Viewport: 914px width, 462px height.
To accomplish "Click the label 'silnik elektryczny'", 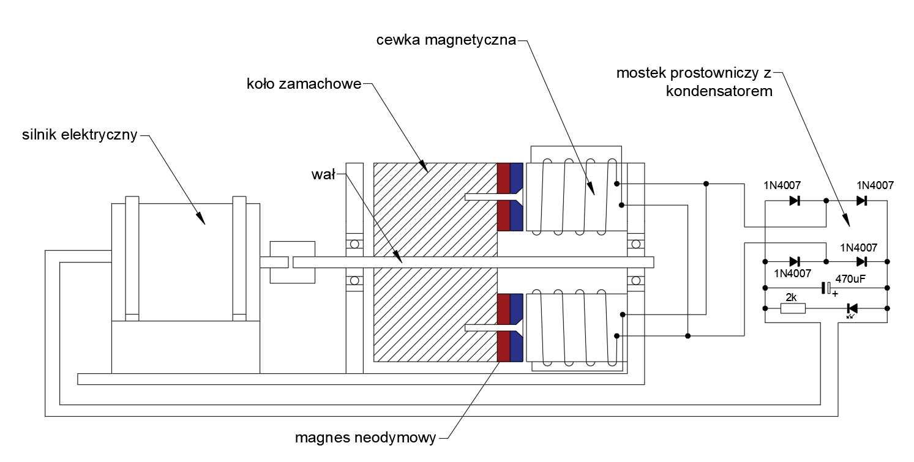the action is coord(80,135).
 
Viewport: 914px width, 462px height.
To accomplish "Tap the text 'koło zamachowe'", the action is coord(304,84).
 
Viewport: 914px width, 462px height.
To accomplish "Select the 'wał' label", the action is coord(323,174).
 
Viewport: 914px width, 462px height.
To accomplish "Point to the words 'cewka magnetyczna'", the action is coord(446,40).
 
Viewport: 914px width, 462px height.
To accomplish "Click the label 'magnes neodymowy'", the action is coord(365,438).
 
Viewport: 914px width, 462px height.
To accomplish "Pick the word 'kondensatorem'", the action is coord(719,91).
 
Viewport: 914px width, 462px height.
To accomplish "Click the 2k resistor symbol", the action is coord(793,308).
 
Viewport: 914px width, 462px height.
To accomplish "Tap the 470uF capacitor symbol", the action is coord(826,288).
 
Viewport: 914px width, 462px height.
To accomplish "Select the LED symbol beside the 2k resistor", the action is coord(852,309).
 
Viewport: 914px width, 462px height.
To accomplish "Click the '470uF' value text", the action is coord(850,279).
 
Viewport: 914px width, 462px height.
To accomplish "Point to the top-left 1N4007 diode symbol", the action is coord(795,201).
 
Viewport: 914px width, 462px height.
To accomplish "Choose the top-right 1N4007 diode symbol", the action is coord(861,201).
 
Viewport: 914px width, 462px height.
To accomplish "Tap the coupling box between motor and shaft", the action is coord(292,262).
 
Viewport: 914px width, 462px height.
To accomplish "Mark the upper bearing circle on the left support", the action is coord(354,244).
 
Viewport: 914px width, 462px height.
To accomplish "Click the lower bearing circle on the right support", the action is coord(635,280).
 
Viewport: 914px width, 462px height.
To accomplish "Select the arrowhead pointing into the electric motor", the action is coord(201,218).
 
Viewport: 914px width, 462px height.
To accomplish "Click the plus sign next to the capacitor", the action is coord(835,294).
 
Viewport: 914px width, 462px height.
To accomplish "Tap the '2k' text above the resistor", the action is coord(791,297).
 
